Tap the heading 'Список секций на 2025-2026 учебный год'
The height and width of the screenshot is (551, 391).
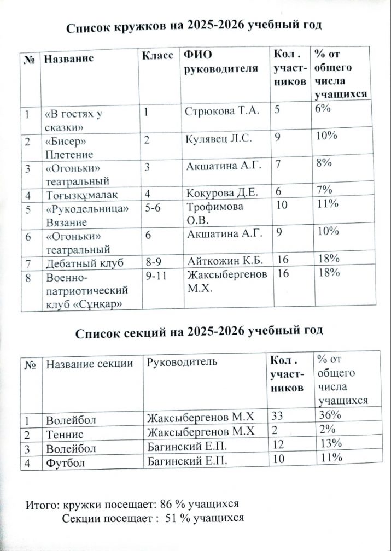pyautogui.click(x=199, y=331)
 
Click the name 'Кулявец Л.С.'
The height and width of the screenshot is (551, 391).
pyautogui.click(x=219, y=139)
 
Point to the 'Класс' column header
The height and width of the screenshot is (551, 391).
pyautogui.click(x=158, y=56)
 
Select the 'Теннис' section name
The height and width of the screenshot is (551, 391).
pyautogui.click(x=65, y=434)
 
